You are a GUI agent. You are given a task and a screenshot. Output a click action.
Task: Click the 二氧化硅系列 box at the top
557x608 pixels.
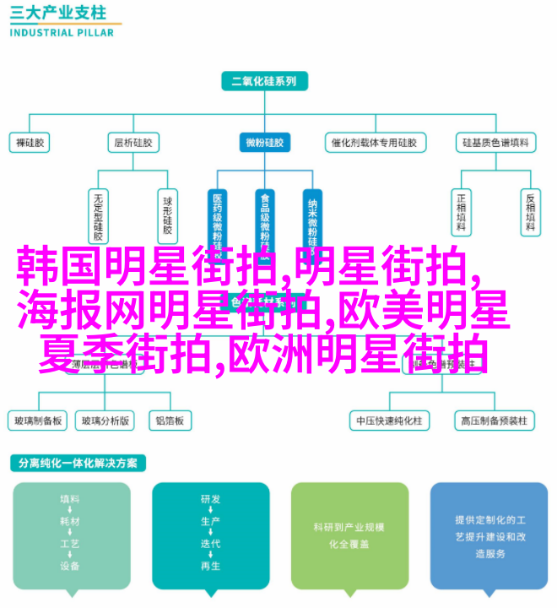click(264, 81)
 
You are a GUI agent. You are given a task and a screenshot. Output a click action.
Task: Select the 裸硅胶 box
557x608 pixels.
click(31, 143)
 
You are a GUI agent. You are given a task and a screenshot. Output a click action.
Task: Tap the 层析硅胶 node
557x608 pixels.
click(133, 143)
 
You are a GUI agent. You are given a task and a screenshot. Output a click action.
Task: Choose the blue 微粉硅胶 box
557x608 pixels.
click(264, 143)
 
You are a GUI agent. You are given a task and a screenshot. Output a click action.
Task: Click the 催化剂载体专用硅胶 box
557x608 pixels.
click(371, 143)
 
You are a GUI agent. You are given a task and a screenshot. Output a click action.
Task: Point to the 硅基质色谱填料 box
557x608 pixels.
click(495, 143)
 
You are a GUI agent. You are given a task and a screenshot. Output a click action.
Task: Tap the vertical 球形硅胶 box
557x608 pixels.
click(168, 213)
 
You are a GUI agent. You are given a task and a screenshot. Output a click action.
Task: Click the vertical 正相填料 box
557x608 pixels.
click(461, 211)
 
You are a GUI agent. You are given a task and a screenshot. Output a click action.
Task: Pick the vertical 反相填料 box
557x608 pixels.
click(530, 211)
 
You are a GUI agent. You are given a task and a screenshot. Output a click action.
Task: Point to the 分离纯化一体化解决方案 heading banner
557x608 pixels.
click(78, 464)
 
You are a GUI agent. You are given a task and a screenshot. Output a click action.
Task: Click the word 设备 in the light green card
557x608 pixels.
click(70, 565)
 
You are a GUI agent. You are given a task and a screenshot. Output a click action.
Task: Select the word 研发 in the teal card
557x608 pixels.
click(210, 499)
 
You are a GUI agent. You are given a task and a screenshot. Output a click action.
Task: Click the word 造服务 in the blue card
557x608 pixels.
click(489, 553)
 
